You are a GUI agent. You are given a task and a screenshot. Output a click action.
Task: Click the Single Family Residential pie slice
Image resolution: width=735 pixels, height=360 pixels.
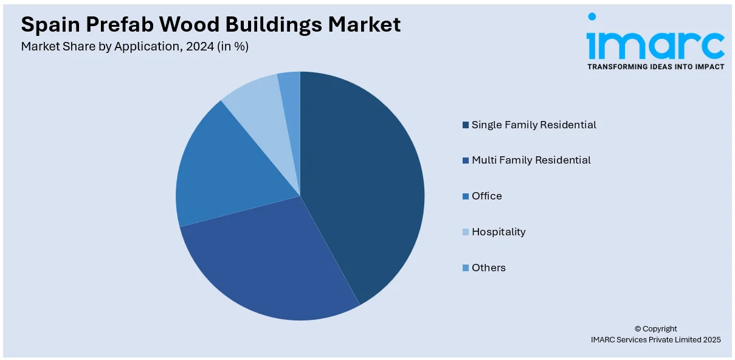tap(365, 182)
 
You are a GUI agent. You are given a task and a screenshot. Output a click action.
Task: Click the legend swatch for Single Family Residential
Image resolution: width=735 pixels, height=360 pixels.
tap(466, 125)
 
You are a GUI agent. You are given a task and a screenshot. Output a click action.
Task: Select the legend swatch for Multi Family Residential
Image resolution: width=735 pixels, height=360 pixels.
tap(466, 161)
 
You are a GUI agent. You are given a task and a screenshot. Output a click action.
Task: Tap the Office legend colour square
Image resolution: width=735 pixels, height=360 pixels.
tap(466, 196)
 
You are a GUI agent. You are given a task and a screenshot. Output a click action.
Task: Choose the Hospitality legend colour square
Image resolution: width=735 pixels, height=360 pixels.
tap(466, 232)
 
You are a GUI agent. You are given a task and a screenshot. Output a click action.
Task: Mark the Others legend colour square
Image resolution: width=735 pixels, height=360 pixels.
tap(466, 268)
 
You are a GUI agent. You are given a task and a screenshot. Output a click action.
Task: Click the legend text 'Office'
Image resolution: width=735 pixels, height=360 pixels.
tap(487, 196)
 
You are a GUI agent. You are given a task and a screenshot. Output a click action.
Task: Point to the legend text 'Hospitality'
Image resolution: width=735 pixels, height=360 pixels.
tap(499, 232)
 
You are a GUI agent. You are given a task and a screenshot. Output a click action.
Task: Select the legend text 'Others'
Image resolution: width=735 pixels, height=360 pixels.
tap(489, 268)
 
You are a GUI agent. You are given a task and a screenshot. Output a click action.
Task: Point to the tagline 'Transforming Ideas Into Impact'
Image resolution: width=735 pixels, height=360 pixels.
tap(655, 67)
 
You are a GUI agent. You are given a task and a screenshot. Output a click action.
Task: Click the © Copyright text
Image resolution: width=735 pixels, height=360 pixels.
tap(655, 328)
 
